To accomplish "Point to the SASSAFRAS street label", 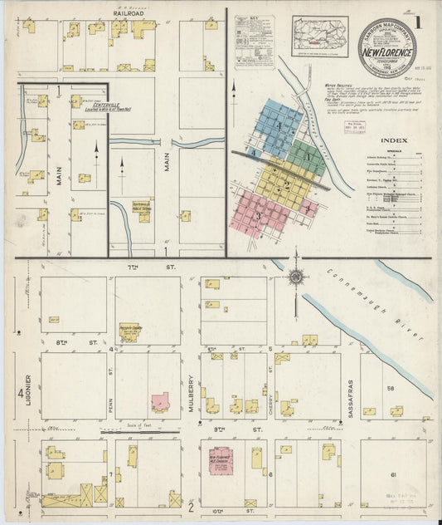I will point(352,391).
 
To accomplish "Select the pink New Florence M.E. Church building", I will point(220,462).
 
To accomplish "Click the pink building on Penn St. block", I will point(159,402).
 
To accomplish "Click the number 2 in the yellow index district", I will point(287,185).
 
